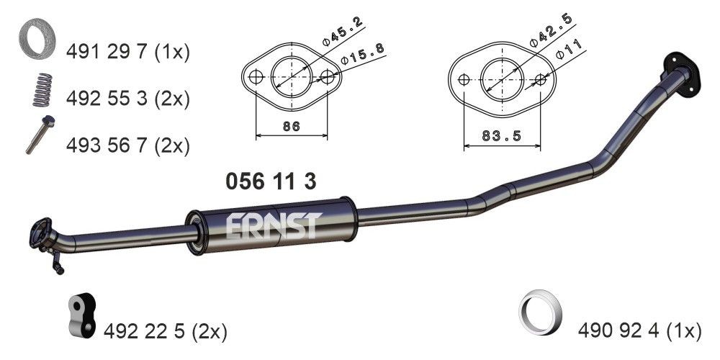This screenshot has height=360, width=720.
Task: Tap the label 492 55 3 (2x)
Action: coord(127,99)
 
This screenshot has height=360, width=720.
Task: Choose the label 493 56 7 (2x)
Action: coord(127,145)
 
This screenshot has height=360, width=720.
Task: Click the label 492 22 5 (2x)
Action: coord(166,331)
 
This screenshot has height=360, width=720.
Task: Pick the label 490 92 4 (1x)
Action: coord(639,331)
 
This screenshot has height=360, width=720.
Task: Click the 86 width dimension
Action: coord(291,127)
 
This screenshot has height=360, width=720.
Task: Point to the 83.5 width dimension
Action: coord(501,136)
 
